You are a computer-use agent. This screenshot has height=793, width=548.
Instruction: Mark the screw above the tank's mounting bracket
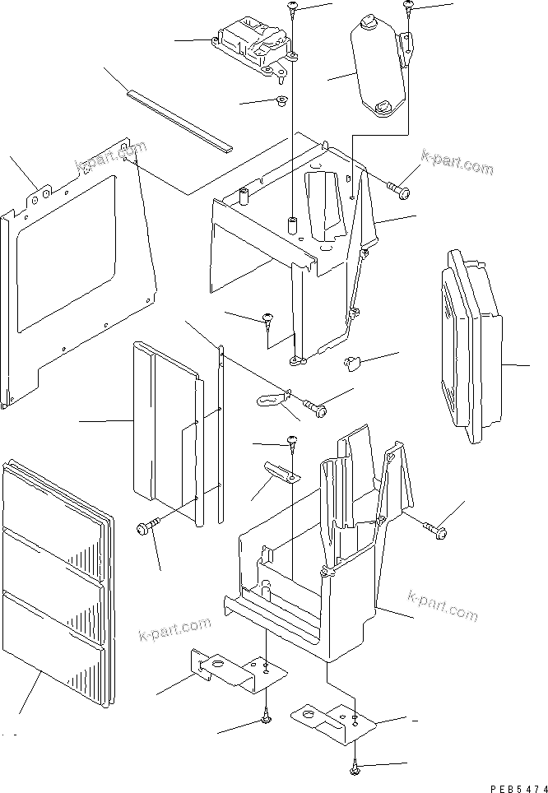(408, 7)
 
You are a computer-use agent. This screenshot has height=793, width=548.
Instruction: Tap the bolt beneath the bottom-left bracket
(266, 721)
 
